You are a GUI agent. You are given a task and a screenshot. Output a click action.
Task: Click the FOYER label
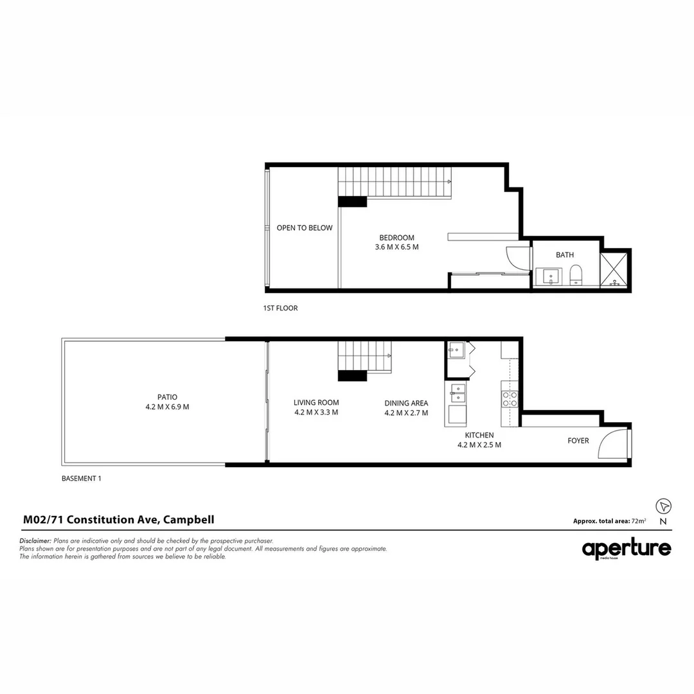tap(578, 441)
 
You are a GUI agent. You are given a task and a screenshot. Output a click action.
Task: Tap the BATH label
tap(565, 255)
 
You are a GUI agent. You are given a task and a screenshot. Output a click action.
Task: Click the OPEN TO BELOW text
tap(305, 228)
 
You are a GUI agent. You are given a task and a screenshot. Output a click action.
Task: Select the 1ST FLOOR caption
tap(280, 308)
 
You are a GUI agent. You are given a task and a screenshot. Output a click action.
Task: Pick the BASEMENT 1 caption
tap(82, 479)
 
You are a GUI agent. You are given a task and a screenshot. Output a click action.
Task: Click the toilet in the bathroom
tap(576, 275)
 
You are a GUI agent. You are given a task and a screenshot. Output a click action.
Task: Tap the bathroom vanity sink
tap(551, 276)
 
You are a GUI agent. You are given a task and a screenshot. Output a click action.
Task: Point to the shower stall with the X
tap(615, 268)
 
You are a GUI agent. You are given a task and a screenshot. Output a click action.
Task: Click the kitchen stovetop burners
tap(510, 399)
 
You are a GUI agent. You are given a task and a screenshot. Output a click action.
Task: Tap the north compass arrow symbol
tap(663, 506)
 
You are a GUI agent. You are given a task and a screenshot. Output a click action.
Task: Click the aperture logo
tap(627, 549)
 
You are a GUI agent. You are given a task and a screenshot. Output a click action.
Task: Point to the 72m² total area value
tap(639, 521)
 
